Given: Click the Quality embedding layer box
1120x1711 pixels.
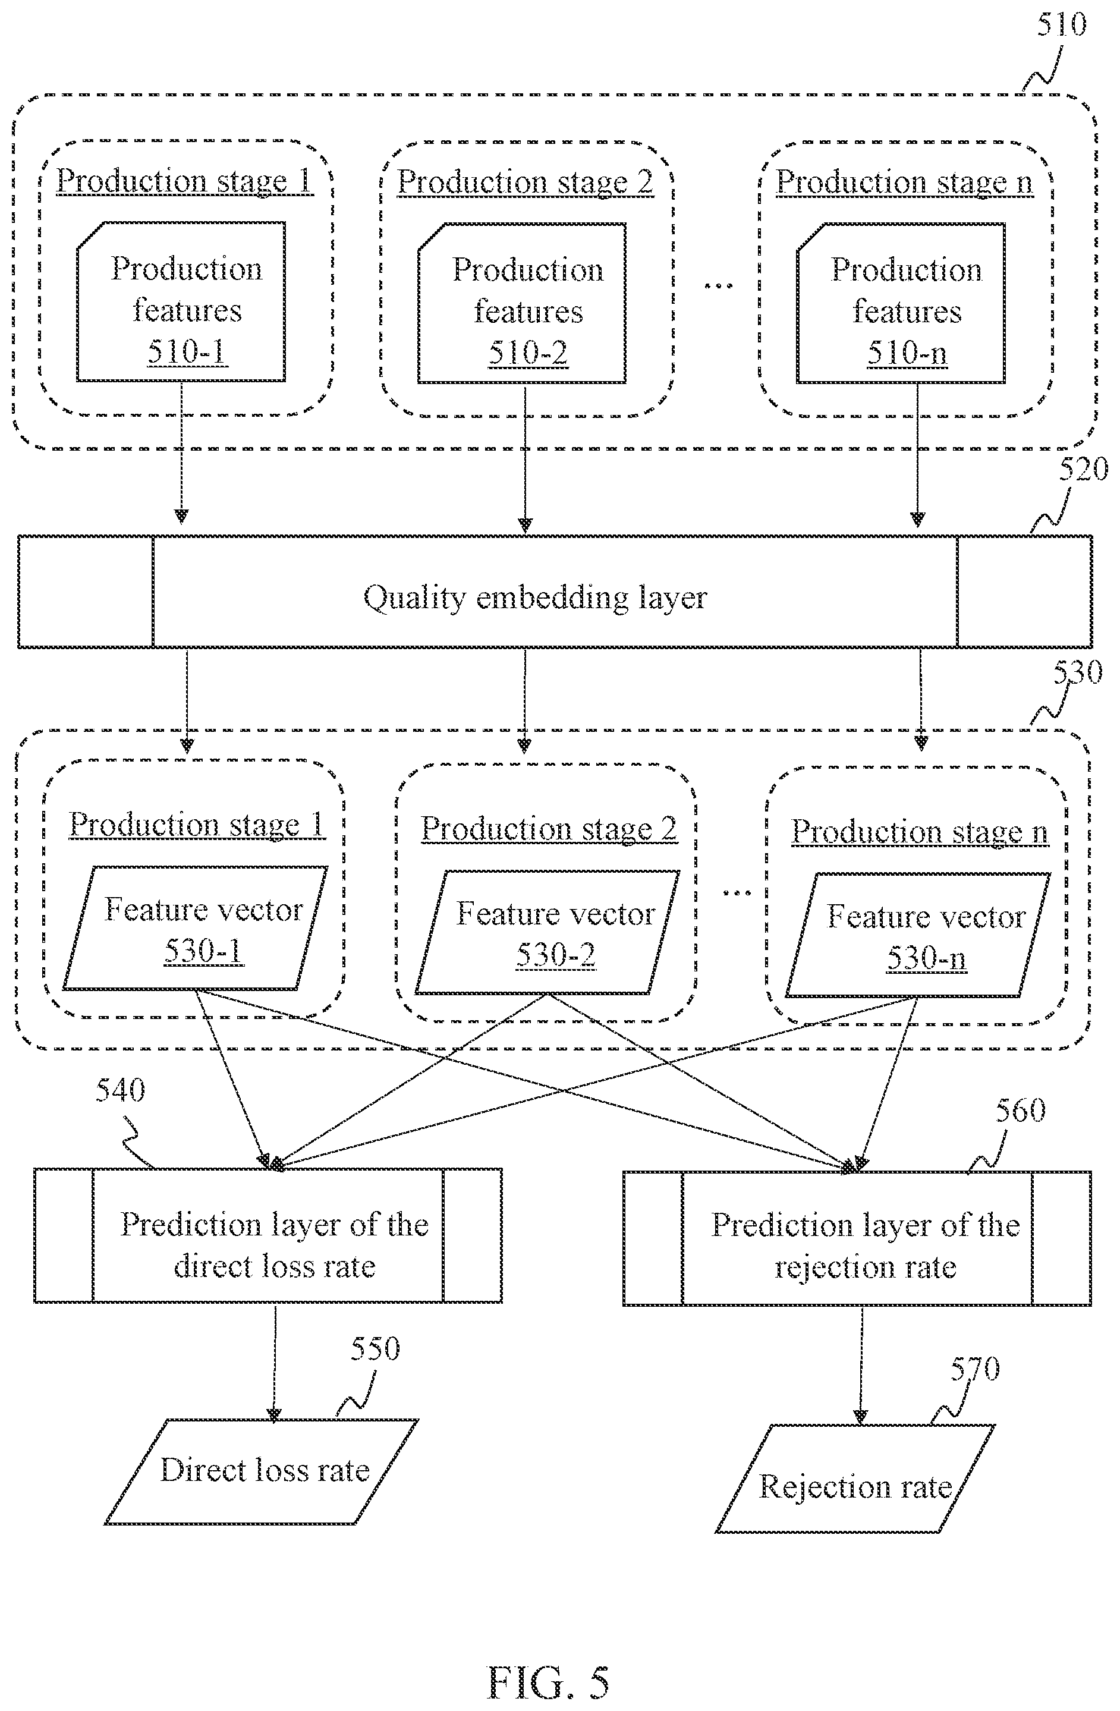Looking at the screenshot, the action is click(x=555, y=591).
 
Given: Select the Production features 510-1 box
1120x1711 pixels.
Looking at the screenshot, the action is click(x=181, y=301).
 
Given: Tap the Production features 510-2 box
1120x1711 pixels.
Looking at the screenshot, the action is click(x=522, y=303).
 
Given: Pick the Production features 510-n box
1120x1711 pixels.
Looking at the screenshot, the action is click(x=901, y=303).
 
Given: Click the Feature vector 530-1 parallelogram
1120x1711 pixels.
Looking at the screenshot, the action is click(x=196, y=927).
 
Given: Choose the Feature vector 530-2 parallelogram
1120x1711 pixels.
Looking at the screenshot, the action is click(x=548, y=932).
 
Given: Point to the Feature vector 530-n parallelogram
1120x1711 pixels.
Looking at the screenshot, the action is click(x=918, y=935).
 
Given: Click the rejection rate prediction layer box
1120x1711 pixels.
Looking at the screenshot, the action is click(x=857, y=1238).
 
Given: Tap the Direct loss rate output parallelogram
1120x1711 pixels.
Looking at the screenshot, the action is click(x=262, y=1471).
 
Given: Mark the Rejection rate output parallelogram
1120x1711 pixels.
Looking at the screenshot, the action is click(x=855, y=1479).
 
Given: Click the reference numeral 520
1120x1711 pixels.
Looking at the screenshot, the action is click(x=1083, y=470).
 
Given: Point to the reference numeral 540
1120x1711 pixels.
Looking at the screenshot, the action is click(x=120, y=1090).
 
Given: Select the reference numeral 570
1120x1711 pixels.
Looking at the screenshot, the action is click(x=975, y=1369).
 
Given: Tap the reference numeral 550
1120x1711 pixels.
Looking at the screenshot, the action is click(x=375, y=1349).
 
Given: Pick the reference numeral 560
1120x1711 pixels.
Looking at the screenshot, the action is click(x=1020, y=1111).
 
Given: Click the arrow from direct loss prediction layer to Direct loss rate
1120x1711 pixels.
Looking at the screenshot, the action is click(x=275, y=1361).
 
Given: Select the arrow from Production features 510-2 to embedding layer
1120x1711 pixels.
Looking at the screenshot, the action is click(x=525, y=458).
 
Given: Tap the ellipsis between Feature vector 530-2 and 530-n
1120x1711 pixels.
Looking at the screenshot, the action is click(x=737, y=893).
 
